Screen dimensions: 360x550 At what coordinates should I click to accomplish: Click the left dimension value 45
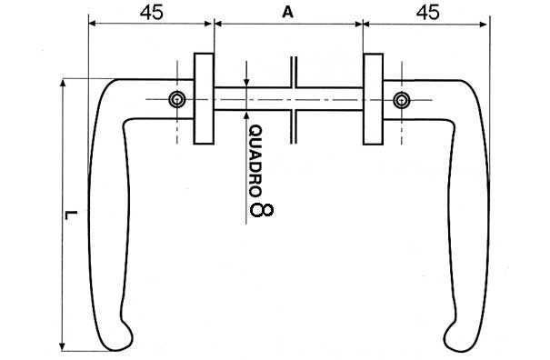(152, 13)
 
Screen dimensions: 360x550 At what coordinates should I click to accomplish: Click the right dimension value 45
(426, 13)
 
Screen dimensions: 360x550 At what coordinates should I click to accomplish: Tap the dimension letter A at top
(288, 13)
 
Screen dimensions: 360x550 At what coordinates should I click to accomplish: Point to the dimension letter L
(71, 215)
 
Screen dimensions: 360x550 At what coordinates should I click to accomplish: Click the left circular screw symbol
(177, 99)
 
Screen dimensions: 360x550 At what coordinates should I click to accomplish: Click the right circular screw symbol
(401, 99)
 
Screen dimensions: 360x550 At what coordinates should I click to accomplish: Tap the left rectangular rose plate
(204, 99)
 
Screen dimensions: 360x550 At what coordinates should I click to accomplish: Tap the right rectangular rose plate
(373, 99)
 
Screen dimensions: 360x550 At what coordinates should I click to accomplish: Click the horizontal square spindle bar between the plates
(264, 99)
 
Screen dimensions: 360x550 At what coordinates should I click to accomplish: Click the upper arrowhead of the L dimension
(63, 85)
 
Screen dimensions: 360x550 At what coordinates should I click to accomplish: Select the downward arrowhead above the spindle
(247, 81)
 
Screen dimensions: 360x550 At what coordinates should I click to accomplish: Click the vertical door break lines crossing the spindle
(295, 99)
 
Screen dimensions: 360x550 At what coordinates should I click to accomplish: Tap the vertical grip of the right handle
(469, 218)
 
